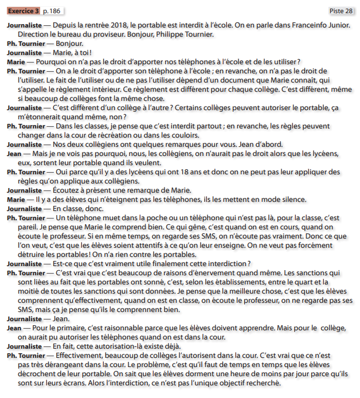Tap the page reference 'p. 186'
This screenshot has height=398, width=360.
click(52, 11)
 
